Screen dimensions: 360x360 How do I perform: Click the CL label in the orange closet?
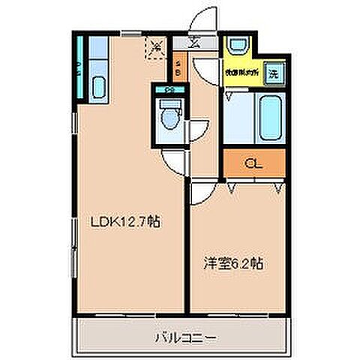(254, 163)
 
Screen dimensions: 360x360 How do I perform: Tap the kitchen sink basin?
(98, 87)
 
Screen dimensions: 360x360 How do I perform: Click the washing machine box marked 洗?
(274, 73)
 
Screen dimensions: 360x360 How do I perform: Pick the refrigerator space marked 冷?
(156, 48)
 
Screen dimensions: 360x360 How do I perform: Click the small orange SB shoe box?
(178, 68)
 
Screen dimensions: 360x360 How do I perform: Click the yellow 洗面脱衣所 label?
(241, 73)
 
